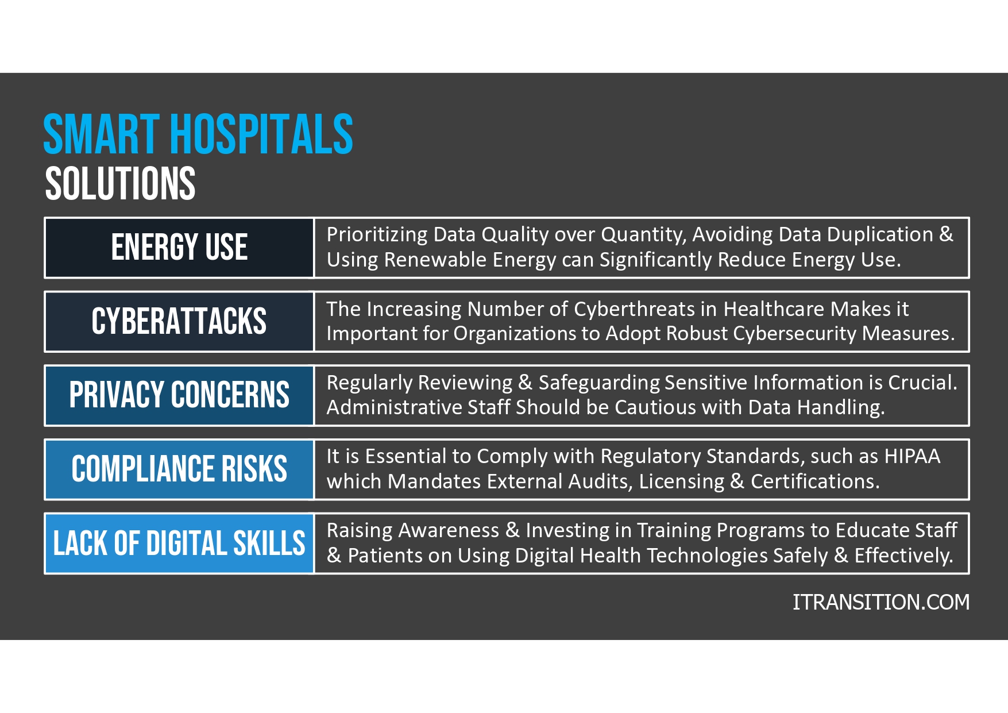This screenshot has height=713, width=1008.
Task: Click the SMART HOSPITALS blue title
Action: [x=198, y=134]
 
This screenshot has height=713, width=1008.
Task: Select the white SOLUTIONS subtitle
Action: [x=120, y=184]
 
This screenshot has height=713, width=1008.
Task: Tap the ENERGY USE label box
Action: [x=179, y=248]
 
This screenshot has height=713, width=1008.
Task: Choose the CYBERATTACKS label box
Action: [x=179, y=321]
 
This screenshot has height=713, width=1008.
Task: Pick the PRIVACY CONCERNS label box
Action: [x=179, y=395]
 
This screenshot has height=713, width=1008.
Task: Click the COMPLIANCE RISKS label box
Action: [x=179, y=469]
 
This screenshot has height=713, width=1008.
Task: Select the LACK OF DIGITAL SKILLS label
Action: [x=179, y=543]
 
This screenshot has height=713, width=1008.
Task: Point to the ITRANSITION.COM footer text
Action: [x=880, y=602]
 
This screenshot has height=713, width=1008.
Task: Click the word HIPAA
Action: [x=912, y=456]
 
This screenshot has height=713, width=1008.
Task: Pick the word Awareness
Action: [x=448, y=530]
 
